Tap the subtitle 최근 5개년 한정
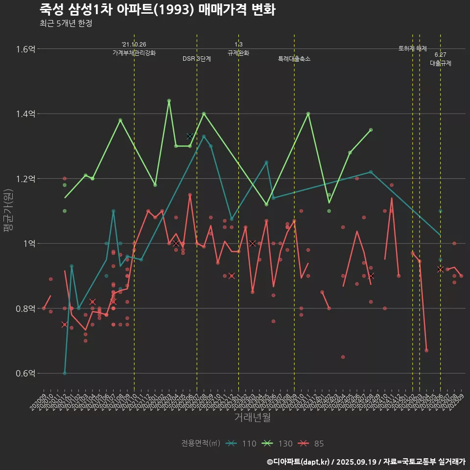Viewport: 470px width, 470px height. click(x=66, y=23)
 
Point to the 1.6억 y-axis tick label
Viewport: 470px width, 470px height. click(x=25, y=49)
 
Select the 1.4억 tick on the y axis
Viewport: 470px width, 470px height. click(x=25, y=114)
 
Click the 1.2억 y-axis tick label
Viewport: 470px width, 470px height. click(x=25, y=179)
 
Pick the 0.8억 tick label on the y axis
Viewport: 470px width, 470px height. click(x=25, y=308)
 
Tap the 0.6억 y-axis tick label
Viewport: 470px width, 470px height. click(x=25, y=374)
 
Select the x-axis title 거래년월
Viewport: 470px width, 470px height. click(x=252, y=418)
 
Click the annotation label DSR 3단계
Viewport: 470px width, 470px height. click(x=197, y=59)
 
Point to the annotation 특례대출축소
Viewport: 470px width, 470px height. click(x=294, y=59)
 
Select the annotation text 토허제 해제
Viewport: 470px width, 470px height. click(x=413, y=48)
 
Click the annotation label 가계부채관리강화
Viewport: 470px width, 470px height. click(x=134, y=53)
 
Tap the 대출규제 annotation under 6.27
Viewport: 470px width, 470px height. click(x=441, y=63)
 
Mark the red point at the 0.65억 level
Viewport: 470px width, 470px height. click(x=343, y=357)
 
